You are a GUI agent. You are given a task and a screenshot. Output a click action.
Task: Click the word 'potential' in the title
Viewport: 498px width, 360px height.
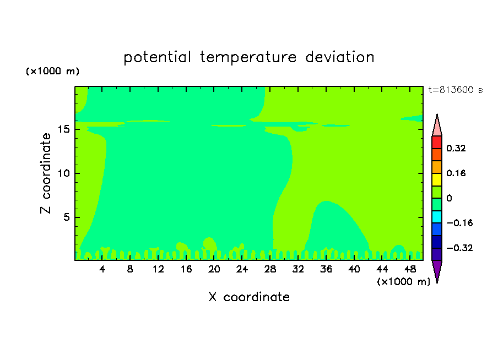[x=158, y=57]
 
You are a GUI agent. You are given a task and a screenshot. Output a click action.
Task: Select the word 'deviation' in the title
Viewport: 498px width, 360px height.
[x=340, y=57]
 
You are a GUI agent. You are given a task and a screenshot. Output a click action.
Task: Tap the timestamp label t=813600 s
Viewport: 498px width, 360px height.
[x=456, y=90]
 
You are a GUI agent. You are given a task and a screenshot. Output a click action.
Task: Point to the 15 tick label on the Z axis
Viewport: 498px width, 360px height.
[x=63, y=129]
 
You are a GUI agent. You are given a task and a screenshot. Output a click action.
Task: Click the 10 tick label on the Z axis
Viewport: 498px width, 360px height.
[x=63, y=173]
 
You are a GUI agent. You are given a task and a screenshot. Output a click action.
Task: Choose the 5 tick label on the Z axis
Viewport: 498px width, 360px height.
[x=66, y=217]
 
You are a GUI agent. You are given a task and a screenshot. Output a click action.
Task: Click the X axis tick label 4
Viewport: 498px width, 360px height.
[x=102, y=269]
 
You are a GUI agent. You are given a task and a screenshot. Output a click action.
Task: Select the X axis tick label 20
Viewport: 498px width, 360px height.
[x=214, y=269]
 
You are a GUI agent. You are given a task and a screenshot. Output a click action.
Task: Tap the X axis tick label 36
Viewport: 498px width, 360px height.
[x=326, y=269]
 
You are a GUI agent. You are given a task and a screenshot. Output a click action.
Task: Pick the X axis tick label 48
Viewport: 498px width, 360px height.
[x=410, y=269]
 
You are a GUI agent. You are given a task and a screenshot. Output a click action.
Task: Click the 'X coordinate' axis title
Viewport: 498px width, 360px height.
[x=249, y=297]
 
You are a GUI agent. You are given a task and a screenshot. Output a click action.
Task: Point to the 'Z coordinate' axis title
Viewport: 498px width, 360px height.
[x=46, y=173]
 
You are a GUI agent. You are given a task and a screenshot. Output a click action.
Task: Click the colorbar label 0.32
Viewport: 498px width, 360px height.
[x=456, y=148]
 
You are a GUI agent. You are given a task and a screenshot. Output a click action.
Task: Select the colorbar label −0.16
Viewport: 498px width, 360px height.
[x=459, y=223]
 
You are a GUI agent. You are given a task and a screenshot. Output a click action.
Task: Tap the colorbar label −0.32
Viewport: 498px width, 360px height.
[x=459, y=248]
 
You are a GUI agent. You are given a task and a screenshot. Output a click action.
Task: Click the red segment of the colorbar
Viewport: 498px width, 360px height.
[x=437, y=142]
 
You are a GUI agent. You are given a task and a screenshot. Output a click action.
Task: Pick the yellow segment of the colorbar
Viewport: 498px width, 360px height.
[x=437, y=179]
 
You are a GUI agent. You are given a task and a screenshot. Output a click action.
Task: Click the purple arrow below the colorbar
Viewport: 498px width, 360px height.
[x=437, y=270]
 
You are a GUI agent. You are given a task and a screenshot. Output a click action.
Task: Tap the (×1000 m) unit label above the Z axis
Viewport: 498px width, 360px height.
[x=52, y=71]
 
